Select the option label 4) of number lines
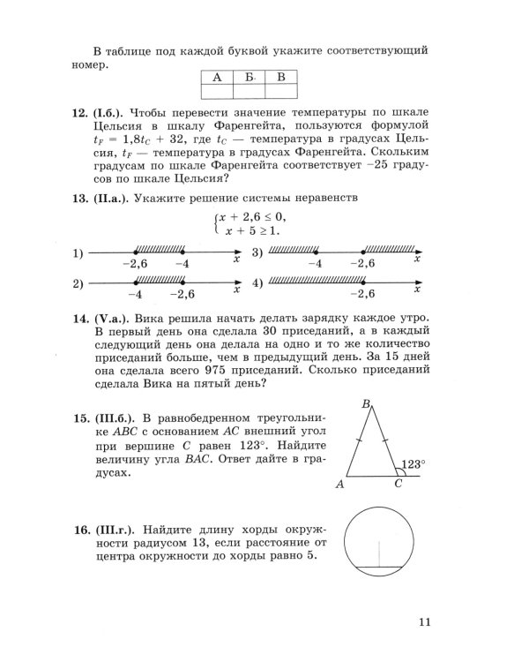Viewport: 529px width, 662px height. tap(257, 283)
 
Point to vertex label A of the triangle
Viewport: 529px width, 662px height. tap(339, 485)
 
